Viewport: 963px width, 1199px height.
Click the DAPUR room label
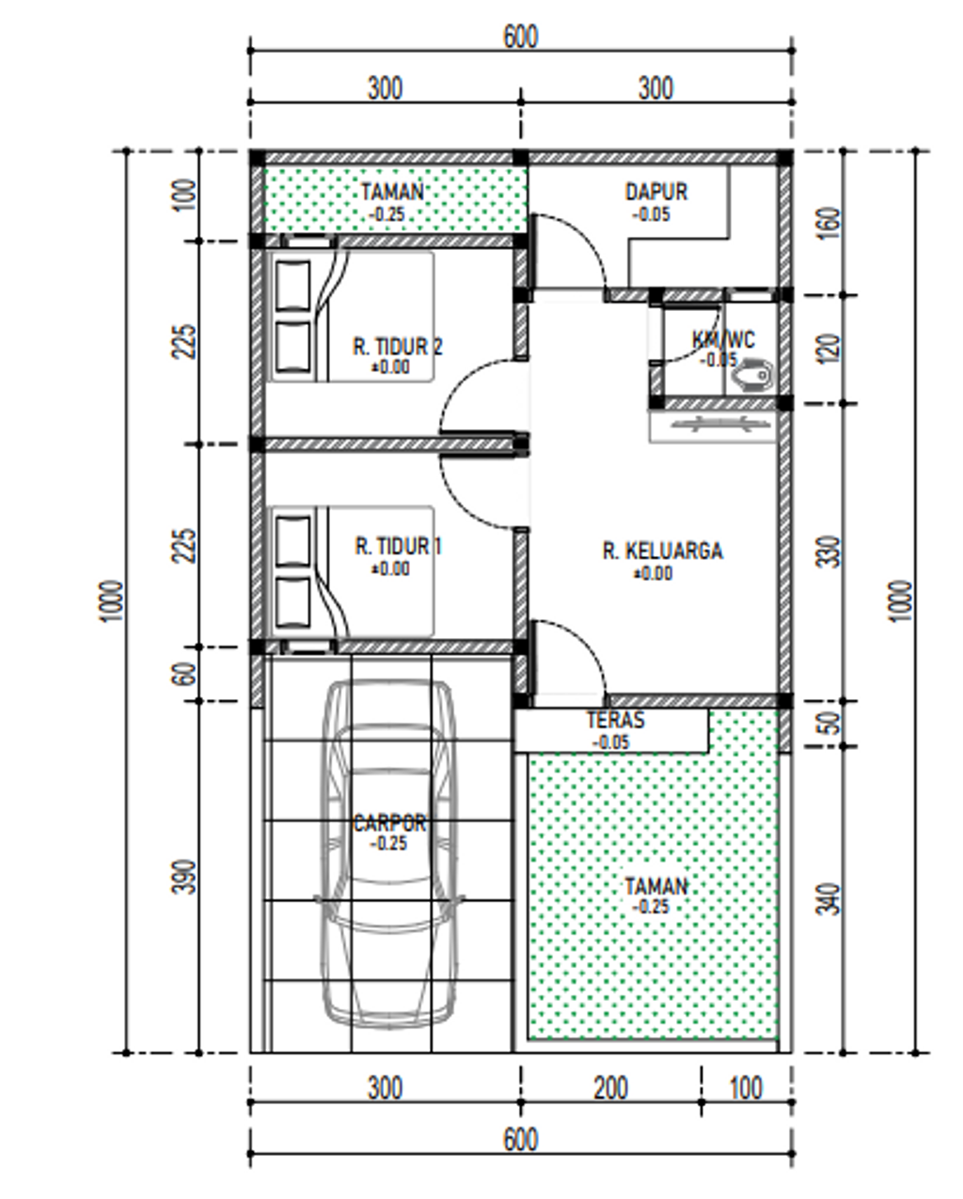coord(656,192)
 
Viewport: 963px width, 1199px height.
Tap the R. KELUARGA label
coord(663,551)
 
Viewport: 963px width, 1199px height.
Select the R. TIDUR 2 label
coord(398,347)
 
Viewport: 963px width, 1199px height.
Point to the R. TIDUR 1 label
coord(398,546)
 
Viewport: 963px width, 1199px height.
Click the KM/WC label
coord(723,339)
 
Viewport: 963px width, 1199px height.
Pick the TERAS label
coord(616,720)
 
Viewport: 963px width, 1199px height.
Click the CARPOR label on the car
coord(389,823)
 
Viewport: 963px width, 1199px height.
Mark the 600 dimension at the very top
coord(521,38)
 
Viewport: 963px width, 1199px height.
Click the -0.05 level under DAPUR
coord(652,214)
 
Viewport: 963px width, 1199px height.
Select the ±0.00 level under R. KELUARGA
coord(653,573)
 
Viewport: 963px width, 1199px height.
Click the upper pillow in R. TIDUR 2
coord(292,286)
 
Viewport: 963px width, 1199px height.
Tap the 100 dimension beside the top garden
coord(185,195)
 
